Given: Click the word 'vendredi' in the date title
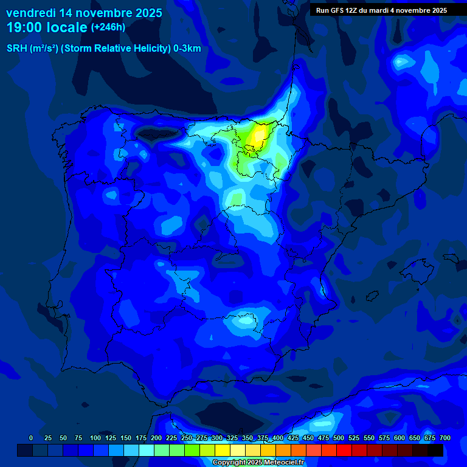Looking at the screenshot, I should click(30, 13).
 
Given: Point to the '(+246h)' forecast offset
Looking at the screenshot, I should click(108, 27).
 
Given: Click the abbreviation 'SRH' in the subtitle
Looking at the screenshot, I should click(16, 49).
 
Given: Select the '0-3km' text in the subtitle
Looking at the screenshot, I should click(187, 49).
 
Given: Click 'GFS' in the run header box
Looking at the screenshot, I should click(339, 10).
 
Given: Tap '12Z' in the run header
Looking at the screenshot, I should click(353, 10).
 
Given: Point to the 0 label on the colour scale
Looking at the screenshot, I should click(31, 438).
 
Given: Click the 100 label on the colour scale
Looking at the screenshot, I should click(95, 438).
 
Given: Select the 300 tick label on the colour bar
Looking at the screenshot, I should click(217, 438).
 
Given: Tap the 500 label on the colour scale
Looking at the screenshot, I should click(339, 438).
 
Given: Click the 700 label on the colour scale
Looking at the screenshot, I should click(445, 438).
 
